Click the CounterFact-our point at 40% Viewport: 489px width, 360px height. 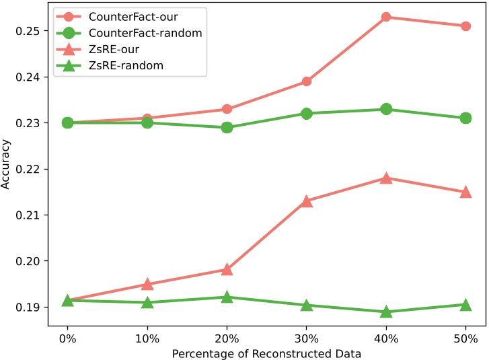click(386, 17)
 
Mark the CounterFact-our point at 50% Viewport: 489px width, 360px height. click(465, 26)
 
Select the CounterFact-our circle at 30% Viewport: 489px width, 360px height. click(307, 81)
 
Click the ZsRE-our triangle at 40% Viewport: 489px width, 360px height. click(386, 178)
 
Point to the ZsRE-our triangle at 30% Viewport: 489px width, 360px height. click(307, 201)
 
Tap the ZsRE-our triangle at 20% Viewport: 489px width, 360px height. click(227, 270)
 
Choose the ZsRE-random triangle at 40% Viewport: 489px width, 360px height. click(386, 312)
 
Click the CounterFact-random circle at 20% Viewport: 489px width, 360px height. click(227, 127)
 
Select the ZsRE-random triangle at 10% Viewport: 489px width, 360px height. click(147, 303)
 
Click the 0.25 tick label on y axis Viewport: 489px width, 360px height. click(29, 31)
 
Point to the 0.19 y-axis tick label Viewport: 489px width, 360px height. click(29, 307)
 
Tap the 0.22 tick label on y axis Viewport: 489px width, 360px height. click(29, 169)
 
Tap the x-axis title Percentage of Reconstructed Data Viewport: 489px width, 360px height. click(266, 353)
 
